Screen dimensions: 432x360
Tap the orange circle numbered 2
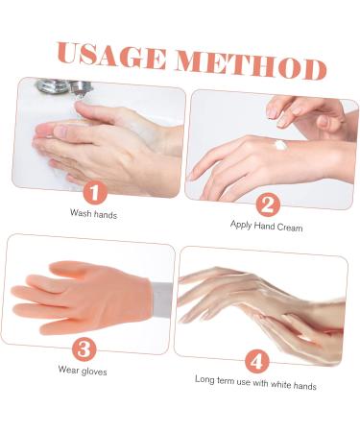[x=267, y=204]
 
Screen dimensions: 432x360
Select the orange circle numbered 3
[x=86, y=348]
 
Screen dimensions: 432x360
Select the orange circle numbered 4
[x=255, y=362]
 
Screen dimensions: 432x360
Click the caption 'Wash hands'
[x=93, y=213]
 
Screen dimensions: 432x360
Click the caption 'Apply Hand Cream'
[x=266, y=227]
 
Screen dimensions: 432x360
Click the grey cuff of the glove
[x=157, y=289]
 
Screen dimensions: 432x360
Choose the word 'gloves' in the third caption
[x=95, y=370]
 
